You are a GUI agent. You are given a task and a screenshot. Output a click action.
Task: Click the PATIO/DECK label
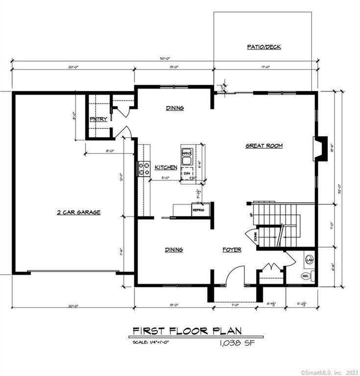click(x=264, y=47)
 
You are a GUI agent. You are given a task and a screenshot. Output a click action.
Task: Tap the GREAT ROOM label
click(x=264, y=146)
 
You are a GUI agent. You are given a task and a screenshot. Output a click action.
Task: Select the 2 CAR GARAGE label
click(x=78, y=212)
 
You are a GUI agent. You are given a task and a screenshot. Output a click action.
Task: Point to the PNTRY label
click(x=98, y=119)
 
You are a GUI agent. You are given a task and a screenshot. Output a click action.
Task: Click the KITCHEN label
click(x=166, y=167)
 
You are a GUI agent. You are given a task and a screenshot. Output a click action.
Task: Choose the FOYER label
click(x=232, y=250)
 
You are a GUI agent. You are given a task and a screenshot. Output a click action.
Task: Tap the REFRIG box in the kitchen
click(x=198, y=210)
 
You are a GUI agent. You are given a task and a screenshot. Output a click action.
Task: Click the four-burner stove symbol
click(x=145, y=168)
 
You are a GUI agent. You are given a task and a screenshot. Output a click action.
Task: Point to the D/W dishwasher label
click(x=187, y=173)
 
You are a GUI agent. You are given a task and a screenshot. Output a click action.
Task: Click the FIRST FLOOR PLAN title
click(x=187, y=331)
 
